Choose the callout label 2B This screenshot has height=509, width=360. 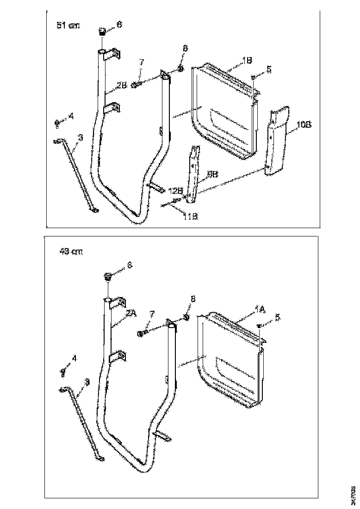(121, 86)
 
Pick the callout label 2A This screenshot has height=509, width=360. (130, 313)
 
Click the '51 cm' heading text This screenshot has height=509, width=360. (68, 26)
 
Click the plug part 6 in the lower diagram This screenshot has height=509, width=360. (107, 277)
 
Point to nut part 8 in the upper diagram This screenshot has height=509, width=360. (180, 69)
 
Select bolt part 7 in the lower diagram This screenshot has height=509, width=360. (142, 333)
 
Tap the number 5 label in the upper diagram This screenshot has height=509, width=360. (269, 69)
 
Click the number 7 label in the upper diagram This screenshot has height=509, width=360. (142, 62)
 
